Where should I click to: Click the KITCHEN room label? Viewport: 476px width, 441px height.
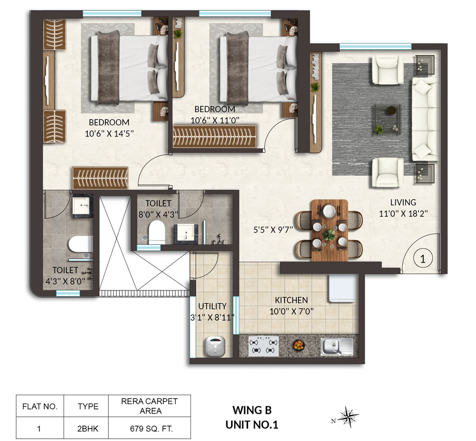[291, 300]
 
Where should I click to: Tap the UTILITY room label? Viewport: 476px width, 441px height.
[212, 306]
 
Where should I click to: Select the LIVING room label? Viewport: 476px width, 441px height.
[403, 202]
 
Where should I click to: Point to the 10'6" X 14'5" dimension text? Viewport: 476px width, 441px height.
[109, 133]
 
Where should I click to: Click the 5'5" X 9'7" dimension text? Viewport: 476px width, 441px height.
[273, 230]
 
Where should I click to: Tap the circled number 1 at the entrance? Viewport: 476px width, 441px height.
[423, 259]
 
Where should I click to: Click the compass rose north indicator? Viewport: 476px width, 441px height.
[347, 415]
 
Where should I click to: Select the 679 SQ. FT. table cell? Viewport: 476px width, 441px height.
[151, 429]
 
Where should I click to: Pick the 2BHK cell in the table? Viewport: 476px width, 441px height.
[88, 429]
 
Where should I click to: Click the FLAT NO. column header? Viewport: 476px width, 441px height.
[40, 406]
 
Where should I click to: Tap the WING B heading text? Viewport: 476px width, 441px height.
[252, 410]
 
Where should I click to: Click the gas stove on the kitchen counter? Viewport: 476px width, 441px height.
[264, 346]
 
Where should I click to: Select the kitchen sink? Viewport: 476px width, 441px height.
[337, 346]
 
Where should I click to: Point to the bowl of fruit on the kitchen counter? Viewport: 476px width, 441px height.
[299, 345]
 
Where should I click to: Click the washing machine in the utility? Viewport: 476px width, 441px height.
[215, 346]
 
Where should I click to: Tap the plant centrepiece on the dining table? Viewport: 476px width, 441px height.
[329, 235]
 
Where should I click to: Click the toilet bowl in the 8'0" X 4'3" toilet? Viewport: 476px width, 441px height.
[157, 232]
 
